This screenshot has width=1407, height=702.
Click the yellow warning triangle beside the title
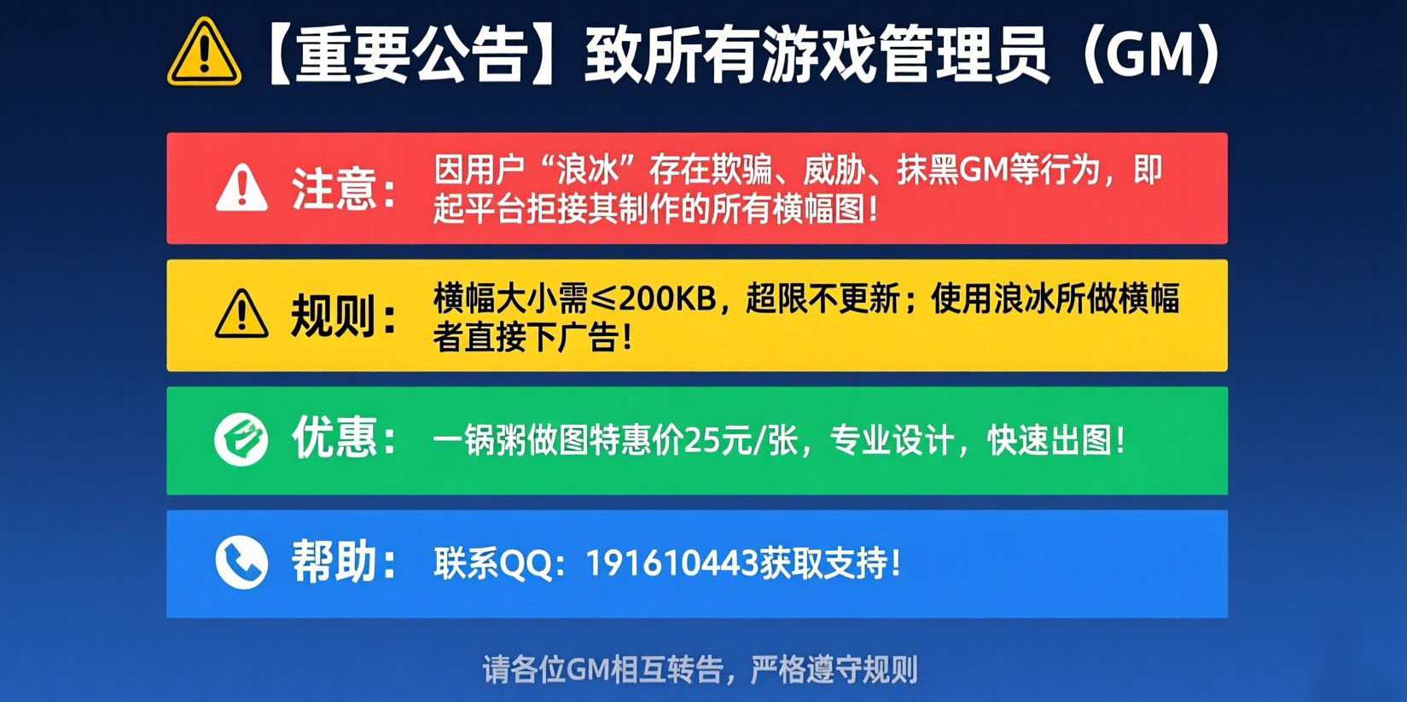(204, 53)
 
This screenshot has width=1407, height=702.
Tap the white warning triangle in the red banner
(241, 188)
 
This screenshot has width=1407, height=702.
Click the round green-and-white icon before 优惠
(241, 439)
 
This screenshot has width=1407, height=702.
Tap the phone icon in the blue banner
(241, 562)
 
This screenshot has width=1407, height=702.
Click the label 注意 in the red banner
(334, 189)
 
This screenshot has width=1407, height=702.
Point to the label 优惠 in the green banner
(334, 438)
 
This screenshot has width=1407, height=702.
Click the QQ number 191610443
(672, 563)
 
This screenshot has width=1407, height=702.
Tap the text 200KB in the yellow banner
(668, 299)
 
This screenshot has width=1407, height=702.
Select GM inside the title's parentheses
(1151, 55)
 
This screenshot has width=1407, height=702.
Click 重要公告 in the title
(412, 55)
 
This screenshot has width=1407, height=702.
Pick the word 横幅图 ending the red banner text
(818, 208)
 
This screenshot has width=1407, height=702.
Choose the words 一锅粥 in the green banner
(480, 441)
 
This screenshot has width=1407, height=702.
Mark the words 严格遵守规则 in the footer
(834, 670)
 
